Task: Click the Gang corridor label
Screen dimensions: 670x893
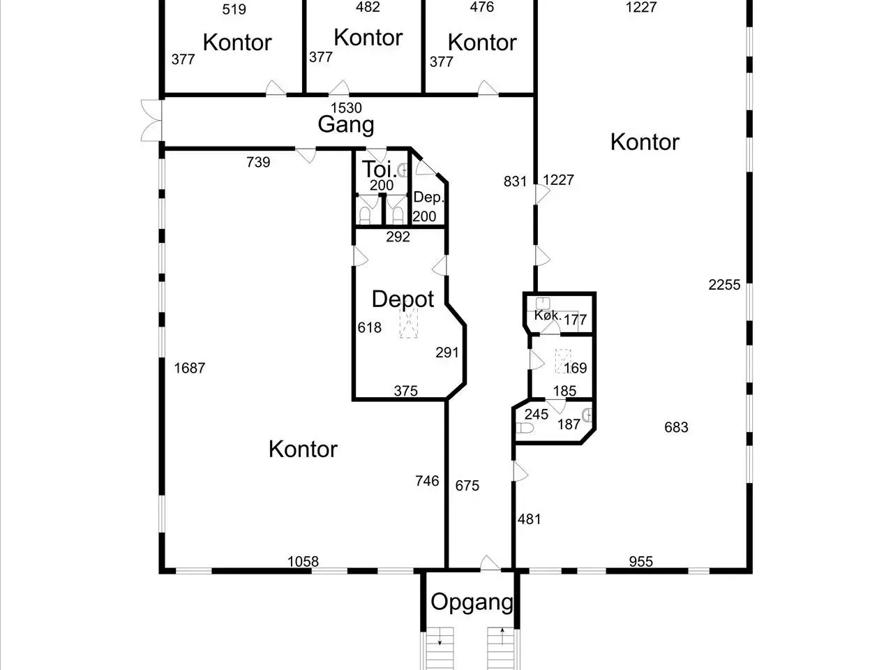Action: pos(346,125)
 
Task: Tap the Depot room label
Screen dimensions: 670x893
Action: pos(403,299)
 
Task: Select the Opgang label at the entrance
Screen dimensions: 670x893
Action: pos(472,602)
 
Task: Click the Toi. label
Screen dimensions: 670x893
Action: pos(376,170)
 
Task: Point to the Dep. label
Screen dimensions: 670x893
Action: pos(428,198)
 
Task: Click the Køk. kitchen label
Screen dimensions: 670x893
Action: pos(547,315)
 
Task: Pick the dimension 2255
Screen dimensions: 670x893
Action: pos(724,285)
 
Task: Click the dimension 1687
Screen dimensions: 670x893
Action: pos(190,368)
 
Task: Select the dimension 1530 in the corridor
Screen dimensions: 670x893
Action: pos(346,107)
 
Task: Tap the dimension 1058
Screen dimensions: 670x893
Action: pos(303,561)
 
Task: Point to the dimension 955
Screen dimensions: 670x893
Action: pos(640,561)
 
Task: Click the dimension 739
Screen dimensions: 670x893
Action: pos(258,163)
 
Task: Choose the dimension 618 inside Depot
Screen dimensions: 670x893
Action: pos(369,327)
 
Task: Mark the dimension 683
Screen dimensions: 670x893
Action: pos(676,427)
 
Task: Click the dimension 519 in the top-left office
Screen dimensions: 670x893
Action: pos(234,10)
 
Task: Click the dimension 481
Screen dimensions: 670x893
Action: pos(530,519)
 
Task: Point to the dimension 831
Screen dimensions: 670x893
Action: pos(515,181)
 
